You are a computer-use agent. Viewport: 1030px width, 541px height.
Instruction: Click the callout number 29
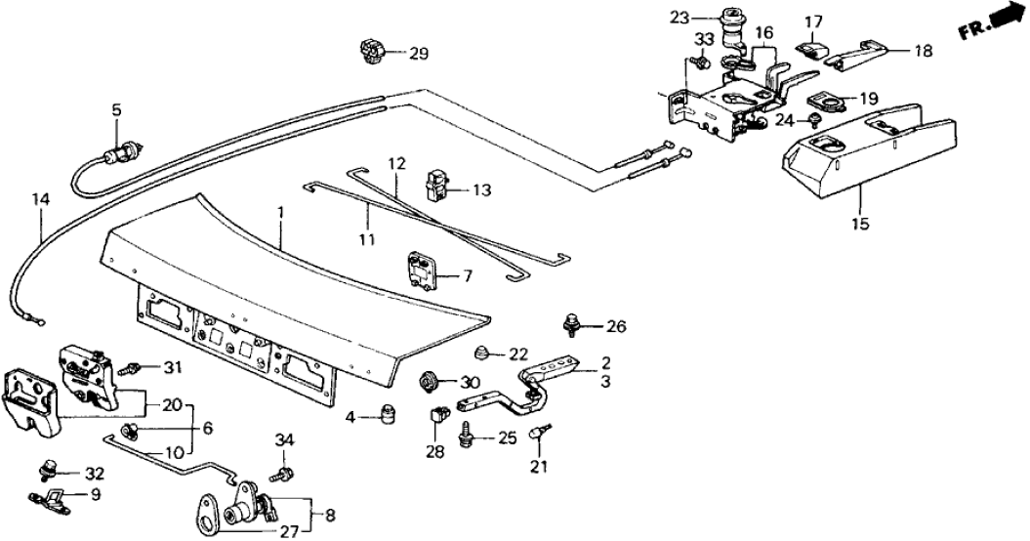tap(418, 54)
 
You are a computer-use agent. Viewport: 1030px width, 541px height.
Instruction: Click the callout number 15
tap(859, 223)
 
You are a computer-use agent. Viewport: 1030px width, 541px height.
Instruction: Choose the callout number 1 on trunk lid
tap(281, 211)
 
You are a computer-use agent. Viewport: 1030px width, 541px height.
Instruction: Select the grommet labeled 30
tap(429, 380)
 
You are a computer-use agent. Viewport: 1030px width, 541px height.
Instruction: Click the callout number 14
tap(39, 201)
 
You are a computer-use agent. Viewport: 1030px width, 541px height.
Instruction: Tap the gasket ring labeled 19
tap(825, 101)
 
